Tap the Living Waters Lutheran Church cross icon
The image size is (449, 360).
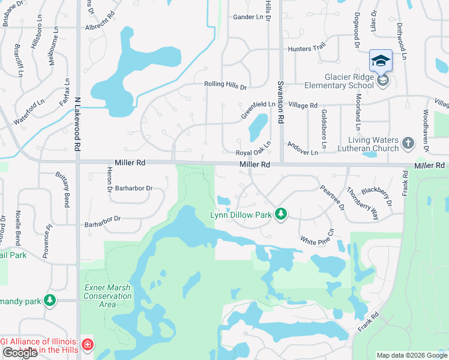408,143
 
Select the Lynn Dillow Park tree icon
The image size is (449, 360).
280,214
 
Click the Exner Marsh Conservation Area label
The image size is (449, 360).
107,296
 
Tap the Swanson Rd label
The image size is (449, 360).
280,102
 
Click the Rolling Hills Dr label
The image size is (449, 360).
225,86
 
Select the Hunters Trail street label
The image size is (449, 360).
308,49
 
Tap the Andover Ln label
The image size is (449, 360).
303,149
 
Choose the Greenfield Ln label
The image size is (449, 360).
258,109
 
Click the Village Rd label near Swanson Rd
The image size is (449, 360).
303,105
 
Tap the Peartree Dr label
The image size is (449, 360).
331,197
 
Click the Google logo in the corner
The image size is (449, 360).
20,353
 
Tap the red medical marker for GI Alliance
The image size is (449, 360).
88,344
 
